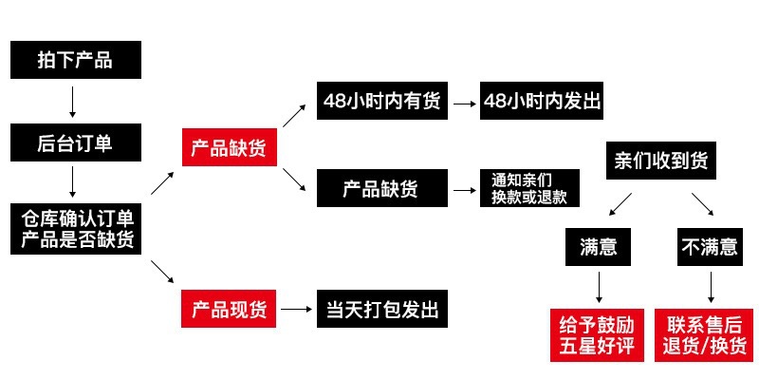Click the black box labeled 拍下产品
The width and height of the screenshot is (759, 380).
[76, 60]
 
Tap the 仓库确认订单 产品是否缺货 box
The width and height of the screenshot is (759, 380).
[76, 228]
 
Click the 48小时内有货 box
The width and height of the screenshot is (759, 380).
[381, 102]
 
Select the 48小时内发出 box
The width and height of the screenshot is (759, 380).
[542, 102]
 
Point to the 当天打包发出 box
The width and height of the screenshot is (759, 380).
[381, 310]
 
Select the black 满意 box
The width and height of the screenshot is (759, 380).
[599, 247]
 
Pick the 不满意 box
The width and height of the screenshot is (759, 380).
[709, 247]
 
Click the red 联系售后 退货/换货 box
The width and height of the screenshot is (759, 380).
[708, 334]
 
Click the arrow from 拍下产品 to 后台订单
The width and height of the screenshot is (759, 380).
[73, 101]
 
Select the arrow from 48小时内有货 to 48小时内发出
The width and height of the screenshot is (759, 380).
[464, 102]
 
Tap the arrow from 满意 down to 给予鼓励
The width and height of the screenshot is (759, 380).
[600, 288]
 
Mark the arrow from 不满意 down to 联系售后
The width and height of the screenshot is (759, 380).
[709, 288]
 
